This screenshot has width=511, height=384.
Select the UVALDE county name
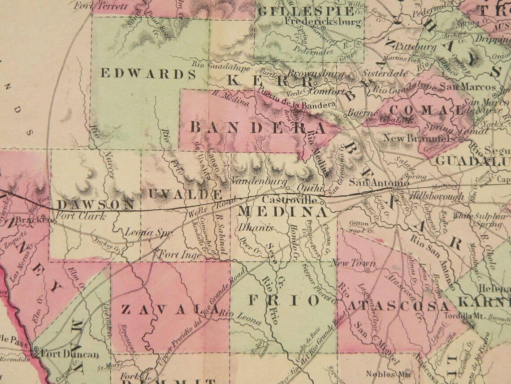click(x=185, y=194)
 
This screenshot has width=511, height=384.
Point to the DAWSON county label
click(x=96, y=205)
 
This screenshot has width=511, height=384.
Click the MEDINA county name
click(x=283, y=211)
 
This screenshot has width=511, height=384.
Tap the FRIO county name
click(x=284, y=300)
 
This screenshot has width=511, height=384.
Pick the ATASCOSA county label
click(x=398, y=306)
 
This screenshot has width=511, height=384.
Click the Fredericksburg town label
click(x=323, y=21)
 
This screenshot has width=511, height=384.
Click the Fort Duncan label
click(x=69, y=354)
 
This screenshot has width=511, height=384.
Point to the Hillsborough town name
click(x=437, y=196)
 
